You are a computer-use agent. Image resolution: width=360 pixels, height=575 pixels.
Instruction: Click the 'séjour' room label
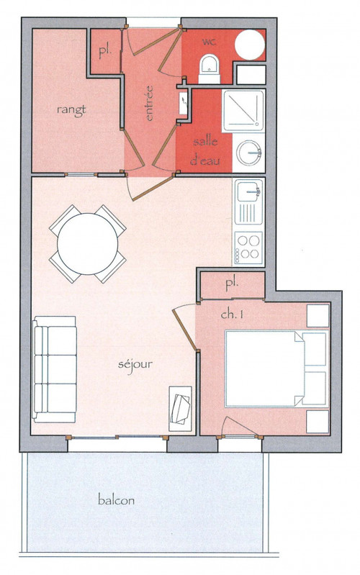pos(135,364)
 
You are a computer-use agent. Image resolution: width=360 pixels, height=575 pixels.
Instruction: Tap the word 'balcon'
pos(116,500)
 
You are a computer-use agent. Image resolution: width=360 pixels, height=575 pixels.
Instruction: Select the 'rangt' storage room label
pos(71,109)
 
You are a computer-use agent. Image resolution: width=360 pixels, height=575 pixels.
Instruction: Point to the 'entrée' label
pos(148,103)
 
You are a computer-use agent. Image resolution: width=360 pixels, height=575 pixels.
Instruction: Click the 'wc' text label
pos(209,42)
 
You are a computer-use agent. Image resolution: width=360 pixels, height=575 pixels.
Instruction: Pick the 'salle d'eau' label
pos(204,151)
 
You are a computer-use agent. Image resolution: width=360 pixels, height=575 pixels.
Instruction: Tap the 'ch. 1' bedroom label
pos(232,314)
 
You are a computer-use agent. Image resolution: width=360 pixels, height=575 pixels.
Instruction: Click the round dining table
pos(88,243)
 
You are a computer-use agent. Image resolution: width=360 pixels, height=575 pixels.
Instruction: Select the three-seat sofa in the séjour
pos(55,369)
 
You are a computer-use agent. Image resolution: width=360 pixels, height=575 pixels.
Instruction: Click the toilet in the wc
pos(210,68)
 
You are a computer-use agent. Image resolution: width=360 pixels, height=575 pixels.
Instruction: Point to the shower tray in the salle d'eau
pos(243,110)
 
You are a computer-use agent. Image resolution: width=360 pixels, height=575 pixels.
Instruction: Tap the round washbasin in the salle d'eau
pos(248,153)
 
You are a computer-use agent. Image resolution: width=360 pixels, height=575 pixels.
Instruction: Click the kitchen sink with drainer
pos(249,202)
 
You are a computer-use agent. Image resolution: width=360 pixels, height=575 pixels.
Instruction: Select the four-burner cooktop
pos(249,248)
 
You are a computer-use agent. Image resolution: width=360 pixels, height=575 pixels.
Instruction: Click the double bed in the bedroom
pos(276,368)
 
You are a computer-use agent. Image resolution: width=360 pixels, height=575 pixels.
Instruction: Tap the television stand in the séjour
pos(180,409)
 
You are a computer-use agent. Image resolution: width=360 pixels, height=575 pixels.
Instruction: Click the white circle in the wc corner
pos(250,45)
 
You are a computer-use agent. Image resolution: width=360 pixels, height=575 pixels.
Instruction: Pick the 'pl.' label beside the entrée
pos(105,52)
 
